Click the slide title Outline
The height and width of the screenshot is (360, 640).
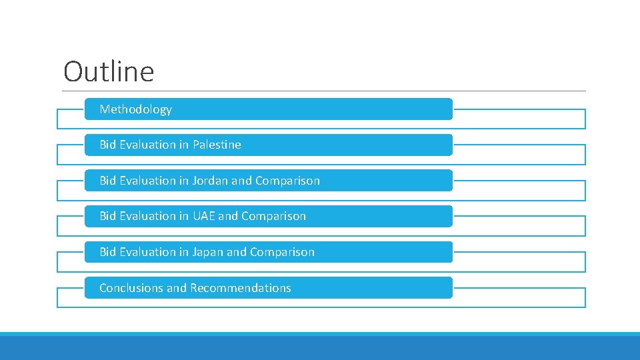(109, 71)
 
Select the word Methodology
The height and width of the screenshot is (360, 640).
(135, 109)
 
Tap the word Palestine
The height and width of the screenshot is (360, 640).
(217, 145)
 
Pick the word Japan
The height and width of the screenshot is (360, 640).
(208, 252)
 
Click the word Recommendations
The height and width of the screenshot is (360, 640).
(241, 288)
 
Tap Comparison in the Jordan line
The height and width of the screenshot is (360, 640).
(287, 181)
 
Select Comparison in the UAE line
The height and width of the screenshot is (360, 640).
(273, 216)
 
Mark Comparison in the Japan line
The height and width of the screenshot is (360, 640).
(282, 252)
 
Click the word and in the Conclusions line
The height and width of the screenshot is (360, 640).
(177, 288)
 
